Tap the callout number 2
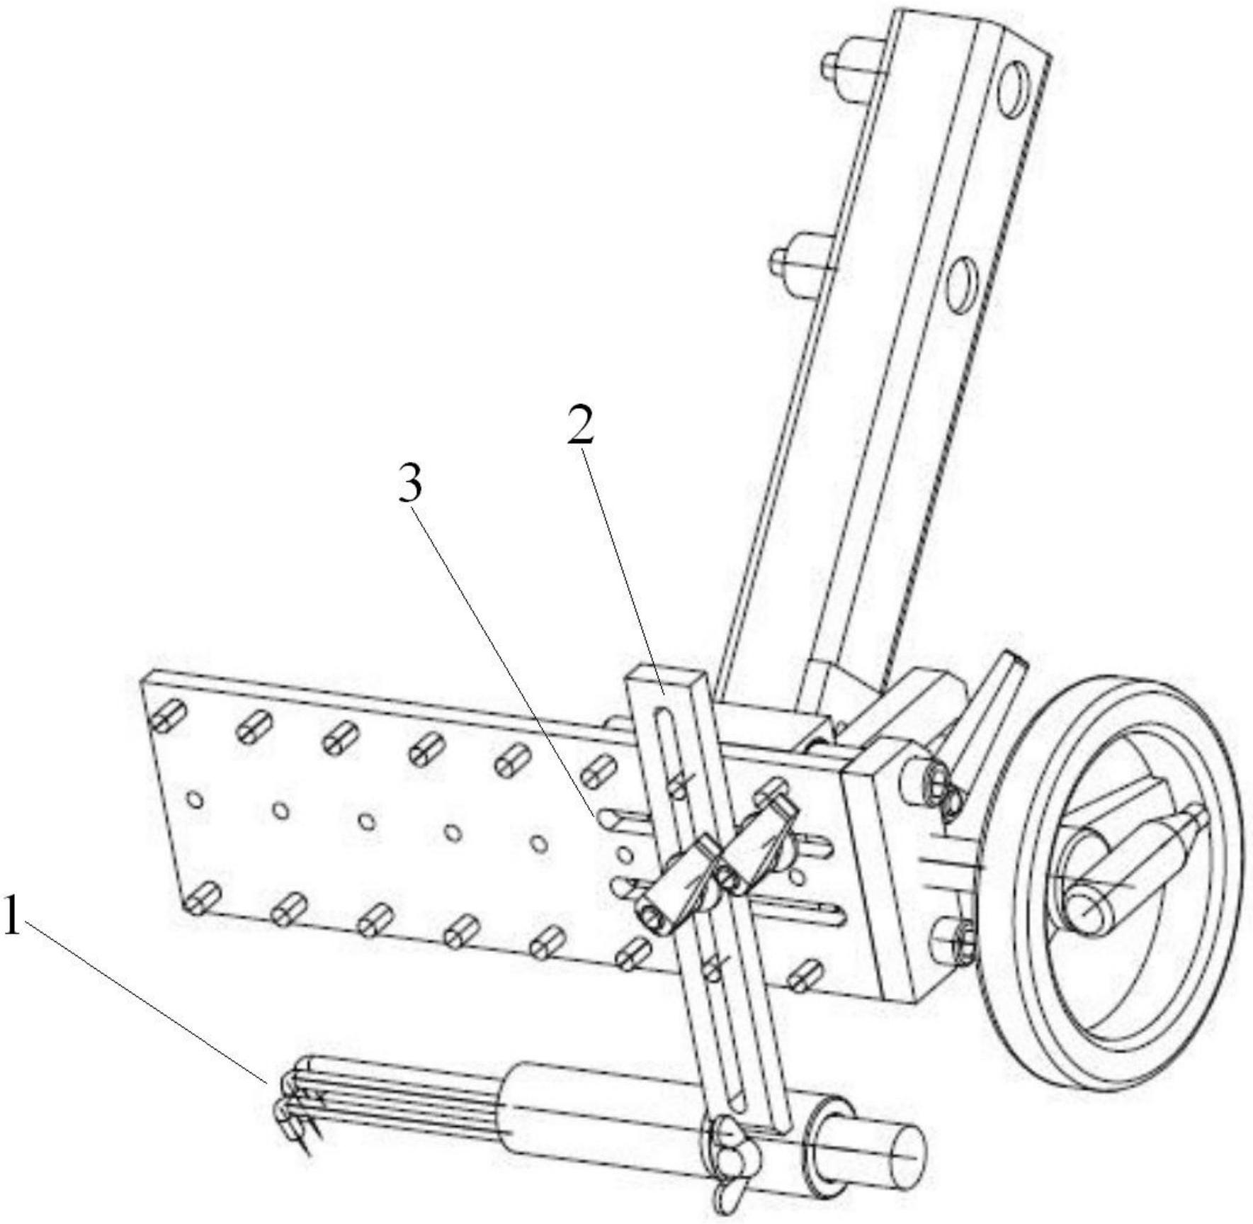[580, 425]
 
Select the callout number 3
[410, 486]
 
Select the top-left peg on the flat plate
[167, 717]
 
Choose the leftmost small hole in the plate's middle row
[196, 799]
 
